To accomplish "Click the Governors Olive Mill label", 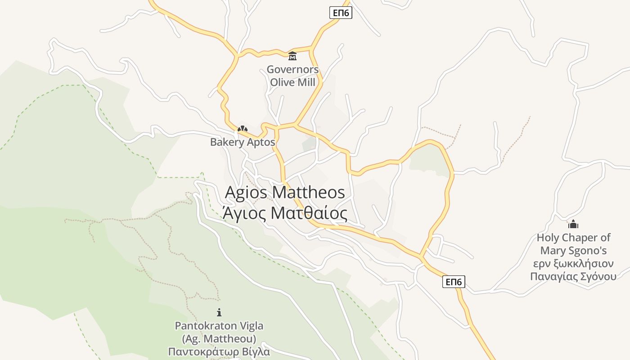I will (x=292, y=76).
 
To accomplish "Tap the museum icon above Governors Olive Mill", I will (x=292, y=56).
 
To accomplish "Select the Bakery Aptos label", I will (x=243, y=142).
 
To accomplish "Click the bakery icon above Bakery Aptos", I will (x=243, y=129).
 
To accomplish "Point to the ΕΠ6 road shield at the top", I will (x=341, y=13).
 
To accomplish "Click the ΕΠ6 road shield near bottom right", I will (x=454, y=282).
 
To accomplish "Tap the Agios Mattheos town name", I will (x=285, y=192).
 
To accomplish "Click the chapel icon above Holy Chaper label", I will (x=573, y=224).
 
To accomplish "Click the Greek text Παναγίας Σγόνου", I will (x=573, y=276).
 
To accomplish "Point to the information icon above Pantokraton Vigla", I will (x=219, y=312).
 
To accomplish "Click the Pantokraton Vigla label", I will (x=219, y=325).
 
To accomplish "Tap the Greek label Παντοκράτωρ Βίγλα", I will (x=219, y=351).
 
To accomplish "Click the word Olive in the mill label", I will (x=282, y=82).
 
